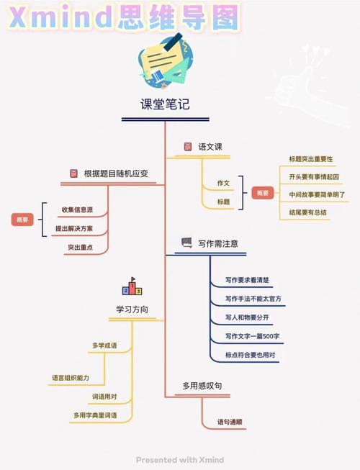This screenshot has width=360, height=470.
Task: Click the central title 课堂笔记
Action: pos(165,104)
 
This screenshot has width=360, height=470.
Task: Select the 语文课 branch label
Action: pos(210,147)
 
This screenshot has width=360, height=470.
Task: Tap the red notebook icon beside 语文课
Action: pos(188,147)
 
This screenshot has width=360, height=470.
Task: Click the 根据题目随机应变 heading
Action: pos(116,173)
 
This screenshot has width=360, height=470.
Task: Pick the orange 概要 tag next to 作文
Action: pos(263,193)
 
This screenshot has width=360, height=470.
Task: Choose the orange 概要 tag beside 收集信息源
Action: pos(22,220)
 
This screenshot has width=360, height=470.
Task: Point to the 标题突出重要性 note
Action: pos(311,159)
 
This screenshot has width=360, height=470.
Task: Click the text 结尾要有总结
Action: pos(307,212)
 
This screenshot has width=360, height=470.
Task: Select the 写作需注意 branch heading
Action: pos(218,244)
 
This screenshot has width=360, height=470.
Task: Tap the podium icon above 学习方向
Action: pos(132,286)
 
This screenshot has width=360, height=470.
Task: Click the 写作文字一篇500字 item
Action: pos(253,336)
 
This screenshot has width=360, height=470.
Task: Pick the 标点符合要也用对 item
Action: pos(251,355)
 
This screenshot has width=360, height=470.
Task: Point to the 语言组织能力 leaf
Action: pos(71,378)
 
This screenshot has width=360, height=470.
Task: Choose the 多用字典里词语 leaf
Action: pos(95,415)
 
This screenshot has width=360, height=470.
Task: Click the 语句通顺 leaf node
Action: pos(230,422)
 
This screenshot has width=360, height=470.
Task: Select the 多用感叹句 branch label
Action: pos(202,386)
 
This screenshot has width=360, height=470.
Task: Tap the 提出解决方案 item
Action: pos(74,228)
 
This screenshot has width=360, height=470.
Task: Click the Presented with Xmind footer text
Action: pos(180,460)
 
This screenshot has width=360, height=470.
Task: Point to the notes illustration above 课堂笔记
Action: pos(165,61)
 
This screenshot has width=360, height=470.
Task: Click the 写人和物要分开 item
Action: pos(247,317)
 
